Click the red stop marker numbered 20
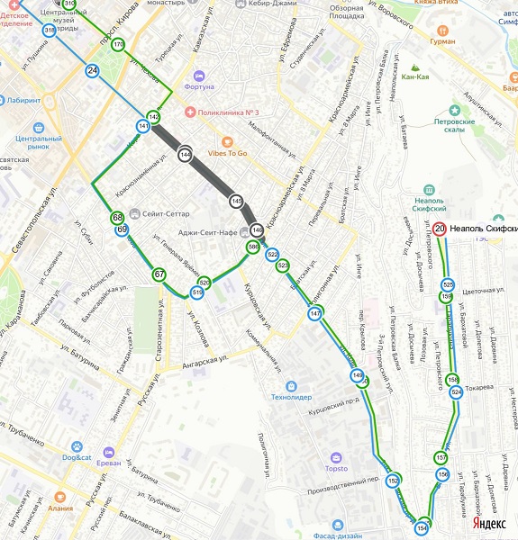pos(440,229)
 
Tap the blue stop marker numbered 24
pos(93,70)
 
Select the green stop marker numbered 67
pos(159,274)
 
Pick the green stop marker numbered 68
pos(117,218)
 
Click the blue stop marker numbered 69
pos(123,230)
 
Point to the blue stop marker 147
pos(314,313)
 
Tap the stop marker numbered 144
pos(185,155)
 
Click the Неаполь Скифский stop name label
pos(483,229)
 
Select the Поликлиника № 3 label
pos(228,112)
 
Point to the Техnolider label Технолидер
pos(292,397)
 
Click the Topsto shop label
pos(336,469)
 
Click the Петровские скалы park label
pos(454,125)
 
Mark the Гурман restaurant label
pos(441,41)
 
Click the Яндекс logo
pos(488,523)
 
